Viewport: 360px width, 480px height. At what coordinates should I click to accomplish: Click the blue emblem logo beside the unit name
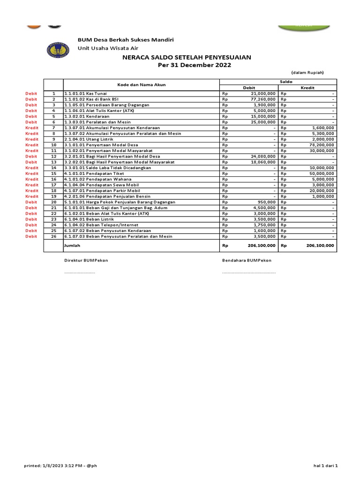pos(59,50)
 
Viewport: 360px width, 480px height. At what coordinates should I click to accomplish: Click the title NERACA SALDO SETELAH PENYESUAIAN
pos(187,57)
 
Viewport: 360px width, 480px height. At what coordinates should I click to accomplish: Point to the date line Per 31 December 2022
pos(187,65)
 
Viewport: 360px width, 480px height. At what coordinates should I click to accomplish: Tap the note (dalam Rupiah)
pos(307,72)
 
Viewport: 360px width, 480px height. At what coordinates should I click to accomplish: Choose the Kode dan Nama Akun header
pos(141,84)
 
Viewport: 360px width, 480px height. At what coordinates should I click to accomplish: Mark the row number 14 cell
pos(53,168)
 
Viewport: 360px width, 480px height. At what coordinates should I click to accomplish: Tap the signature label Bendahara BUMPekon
pos(246,261)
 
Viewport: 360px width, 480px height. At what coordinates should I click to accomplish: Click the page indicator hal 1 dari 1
pos(325,465)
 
